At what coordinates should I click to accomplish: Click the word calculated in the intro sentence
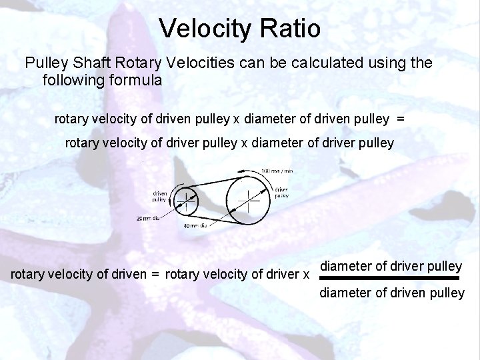point(327,64)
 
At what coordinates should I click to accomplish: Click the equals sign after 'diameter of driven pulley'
point(400,119)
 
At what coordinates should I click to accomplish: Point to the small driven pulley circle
point(185,201)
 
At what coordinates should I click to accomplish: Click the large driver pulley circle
point(248,199)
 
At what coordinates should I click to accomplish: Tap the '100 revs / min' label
point(277,171)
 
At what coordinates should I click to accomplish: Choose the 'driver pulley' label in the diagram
point(282,194)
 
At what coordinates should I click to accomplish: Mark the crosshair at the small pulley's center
point(185,201)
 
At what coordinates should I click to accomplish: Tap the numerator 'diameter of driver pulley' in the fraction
point(391,266)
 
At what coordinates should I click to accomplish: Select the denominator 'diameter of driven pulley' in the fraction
point(392,292)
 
